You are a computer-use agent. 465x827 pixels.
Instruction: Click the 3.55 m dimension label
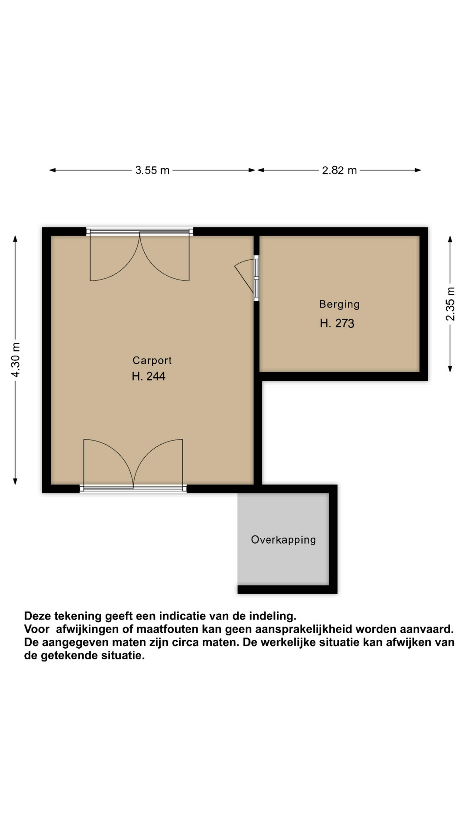[x=152, y=170]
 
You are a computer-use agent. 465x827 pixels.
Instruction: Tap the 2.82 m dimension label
[x=339, y=170]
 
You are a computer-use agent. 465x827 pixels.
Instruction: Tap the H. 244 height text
[x=149, y=376]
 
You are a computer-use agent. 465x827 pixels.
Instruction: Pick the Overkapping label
[x=283, y=540]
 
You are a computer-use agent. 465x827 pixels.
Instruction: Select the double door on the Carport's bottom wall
[x=133, y=465]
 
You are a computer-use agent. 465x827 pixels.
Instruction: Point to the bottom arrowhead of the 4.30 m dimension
[x=15, y=481]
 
